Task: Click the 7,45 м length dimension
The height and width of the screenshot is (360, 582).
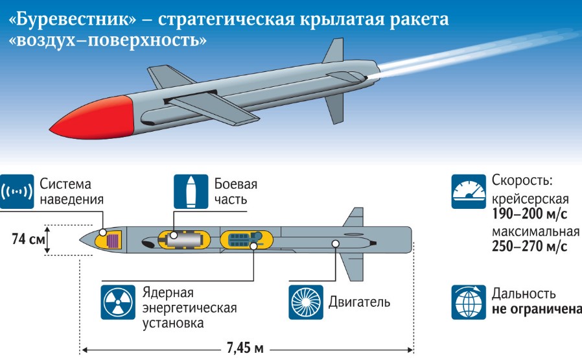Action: [245, 349]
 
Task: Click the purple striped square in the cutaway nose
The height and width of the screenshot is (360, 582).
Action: [113, 241]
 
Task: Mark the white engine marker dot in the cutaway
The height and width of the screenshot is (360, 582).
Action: [335, 244]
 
